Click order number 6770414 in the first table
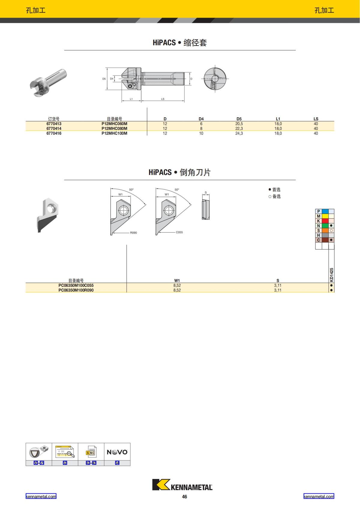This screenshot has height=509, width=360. pos(54,128)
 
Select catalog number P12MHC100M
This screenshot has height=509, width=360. pos(114,133)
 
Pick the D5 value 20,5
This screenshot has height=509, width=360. pos(239,124)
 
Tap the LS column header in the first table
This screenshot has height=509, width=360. pos(316,119)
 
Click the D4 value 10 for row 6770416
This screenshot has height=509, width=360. pos(201,133)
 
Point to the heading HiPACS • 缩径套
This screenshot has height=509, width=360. pos(180,43)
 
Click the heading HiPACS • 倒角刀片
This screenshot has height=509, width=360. pos(180,172)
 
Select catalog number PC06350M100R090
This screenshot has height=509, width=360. pos(76,290)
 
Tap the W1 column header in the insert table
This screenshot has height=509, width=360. pos(177,280)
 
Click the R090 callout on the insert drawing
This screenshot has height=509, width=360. pos(133,233)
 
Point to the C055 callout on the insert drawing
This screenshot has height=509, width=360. pos(179,232)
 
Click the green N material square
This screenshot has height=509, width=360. pos(325,226)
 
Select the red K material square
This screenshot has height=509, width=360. pos(325,221)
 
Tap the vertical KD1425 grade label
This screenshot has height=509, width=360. pos(331,274)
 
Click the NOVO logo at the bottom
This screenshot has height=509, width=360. pos(117,452)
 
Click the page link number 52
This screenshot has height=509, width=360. pos(65,463)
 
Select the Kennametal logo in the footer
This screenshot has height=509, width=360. pos(182,485)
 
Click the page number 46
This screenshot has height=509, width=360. pos(184,497)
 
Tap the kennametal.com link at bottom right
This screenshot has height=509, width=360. pos(319,496)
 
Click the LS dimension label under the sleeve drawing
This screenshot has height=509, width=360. pos(163,99)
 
